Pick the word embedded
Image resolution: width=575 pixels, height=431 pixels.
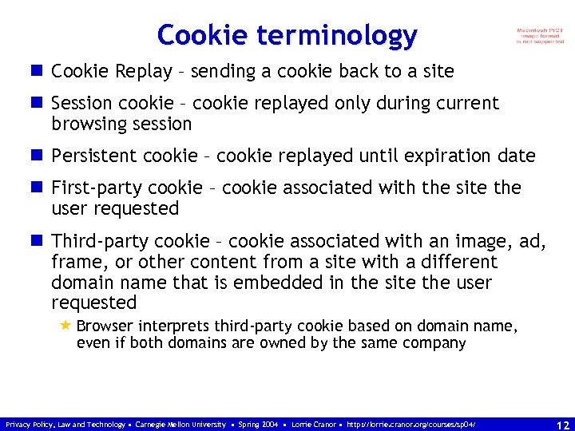(x=266, y=283)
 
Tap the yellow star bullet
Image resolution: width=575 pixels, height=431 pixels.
(x=65, y=326)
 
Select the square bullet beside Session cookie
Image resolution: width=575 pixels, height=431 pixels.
(x=38, y=103)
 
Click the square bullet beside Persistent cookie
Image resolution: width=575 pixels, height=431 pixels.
(x=38, y=156)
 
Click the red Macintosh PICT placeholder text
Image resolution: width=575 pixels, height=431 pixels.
(x=541, y=36)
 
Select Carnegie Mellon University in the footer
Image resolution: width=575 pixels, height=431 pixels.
(x=180, y=425)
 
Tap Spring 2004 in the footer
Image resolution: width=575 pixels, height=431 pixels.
(x=258, y=425)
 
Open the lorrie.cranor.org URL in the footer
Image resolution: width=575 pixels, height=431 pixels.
(x=412, y=425)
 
